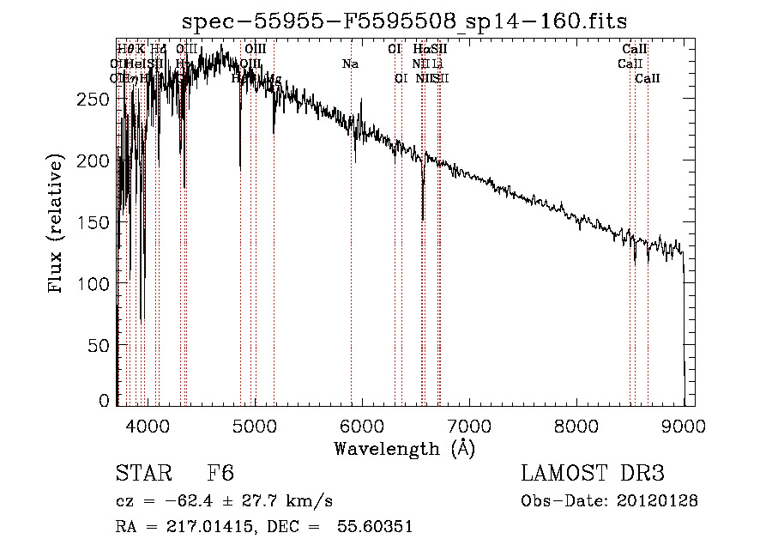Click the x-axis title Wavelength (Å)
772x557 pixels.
click(x=404, y=448)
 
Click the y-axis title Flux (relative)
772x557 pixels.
click(x=57, y=226)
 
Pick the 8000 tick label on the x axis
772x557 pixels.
click(x=576, y=426)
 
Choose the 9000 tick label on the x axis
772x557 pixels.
click(x=683, y=426)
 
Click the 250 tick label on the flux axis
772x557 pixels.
click(x=93, y=99)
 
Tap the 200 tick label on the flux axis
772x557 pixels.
click(x=93, y=160)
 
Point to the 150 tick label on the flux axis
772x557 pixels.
click(x=93, y=222)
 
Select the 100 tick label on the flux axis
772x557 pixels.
click(x=93, y=284)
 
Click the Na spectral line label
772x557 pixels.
click(x=350, y=64)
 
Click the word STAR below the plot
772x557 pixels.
click(x=142, y=475)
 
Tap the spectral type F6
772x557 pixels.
click(x=220, y=475)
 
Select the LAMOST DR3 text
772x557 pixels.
click(x=593, y=475)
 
